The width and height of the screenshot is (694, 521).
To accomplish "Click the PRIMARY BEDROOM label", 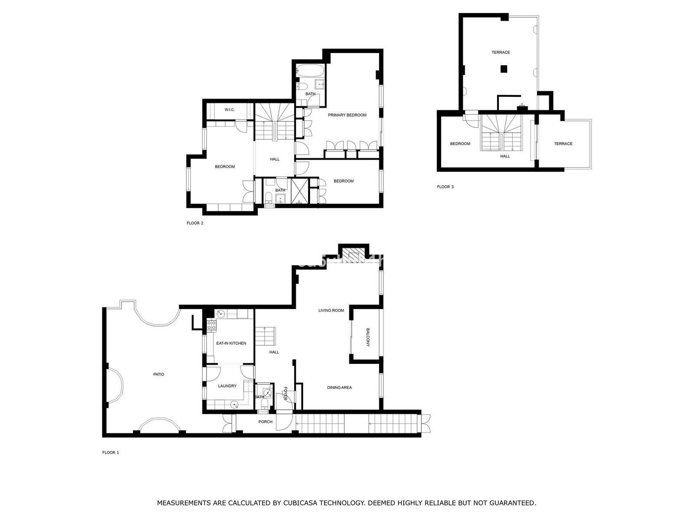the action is point(347,115).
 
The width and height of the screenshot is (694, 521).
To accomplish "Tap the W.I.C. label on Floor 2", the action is point(229,110).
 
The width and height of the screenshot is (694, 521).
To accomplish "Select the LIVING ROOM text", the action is point(331,310).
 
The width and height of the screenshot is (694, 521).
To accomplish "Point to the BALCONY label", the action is point(368,337).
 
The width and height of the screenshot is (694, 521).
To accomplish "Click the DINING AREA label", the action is point(339,388).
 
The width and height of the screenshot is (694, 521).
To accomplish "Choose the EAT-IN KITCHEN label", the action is point(231,343).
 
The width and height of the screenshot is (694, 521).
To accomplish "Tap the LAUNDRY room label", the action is point(227,386).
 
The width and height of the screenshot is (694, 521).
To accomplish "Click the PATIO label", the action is point(158,374).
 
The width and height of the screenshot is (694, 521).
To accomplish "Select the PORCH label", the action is point(265,422).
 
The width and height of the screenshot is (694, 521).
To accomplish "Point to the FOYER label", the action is point(285,393).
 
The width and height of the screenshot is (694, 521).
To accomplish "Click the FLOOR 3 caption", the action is point(445,187).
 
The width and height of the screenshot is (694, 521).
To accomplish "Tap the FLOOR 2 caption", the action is point(195,223).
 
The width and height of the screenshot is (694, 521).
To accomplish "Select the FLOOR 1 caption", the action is point(110,452).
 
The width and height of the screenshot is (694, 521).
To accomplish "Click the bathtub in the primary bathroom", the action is point(310,70).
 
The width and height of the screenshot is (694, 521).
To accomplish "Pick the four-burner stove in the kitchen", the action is point(211,326).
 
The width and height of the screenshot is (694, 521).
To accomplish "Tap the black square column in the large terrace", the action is point(504,69).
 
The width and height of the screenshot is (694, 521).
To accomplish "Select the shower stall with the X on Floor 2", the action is point(299,191).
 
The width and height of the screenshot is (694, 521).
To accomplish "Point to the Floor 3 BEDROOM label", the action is point(460,144).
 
